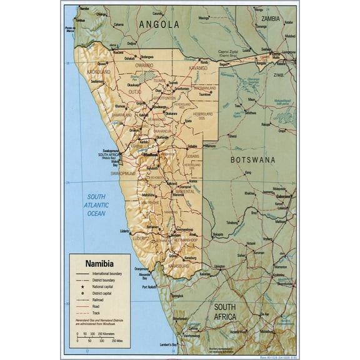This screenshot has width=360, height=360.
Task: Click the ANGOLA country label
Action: click(159, 24)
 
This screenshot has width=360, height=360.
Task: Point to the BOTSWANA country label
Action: click(252, 160)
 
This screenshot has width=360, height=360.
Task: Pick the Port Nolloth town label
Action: click(149, 287)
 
